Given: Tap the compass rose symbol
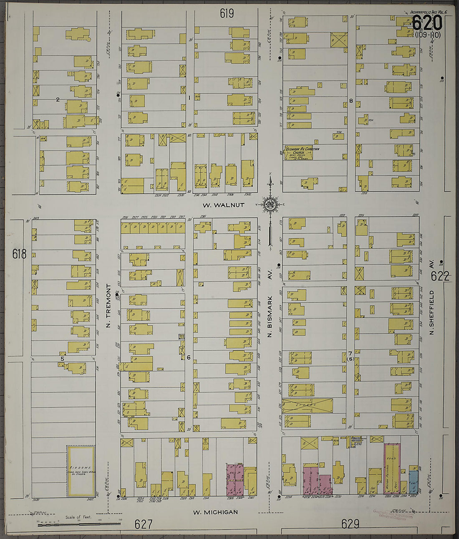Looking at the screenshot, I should [270, 204].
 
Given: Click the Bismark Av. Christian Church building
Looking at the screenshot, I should [298, 153].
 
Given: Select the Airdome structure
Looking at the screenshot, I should [81, 471].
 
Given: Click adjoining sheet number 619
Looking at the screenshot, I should [227, 14].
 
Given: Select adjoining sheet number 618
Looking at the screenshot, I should [19, 253].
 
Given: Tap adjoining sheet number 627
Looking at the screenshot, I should [144, 524].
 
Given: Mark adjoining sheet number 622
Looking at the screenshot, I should [440, 276].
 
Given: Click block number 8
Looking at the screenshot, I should [351, 101].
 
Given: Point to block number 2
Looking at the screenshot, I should [58, 99].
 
